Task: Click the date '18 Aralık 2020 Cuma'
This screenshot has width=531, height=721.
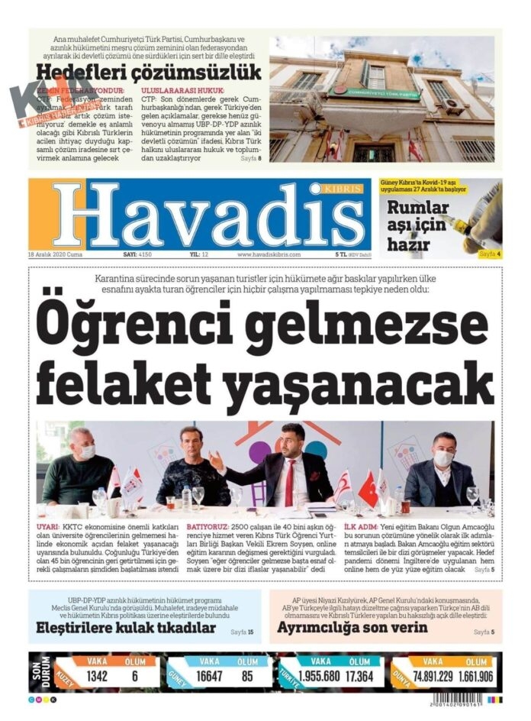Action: (x=56, y=254)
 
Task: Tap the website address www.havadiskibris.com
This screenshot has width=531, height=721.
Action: (x=269, y=254)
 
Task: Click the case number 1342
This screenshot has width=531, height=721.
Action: (x=97, y=677)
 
